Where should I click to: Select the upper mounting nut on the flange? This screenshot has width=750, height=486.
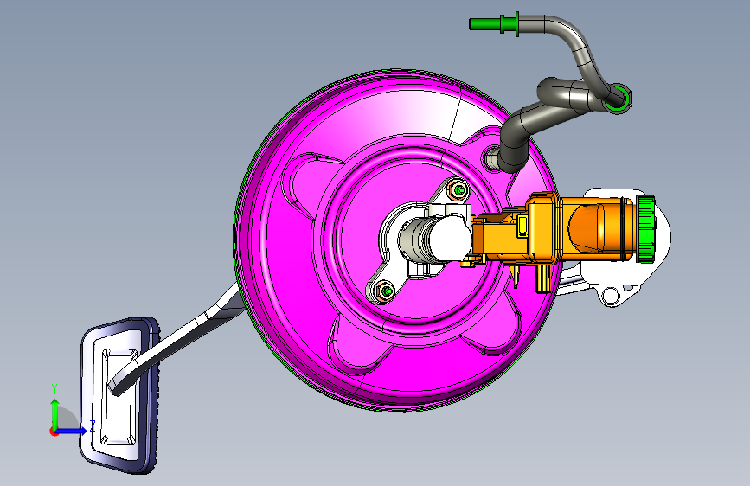coord(458,190)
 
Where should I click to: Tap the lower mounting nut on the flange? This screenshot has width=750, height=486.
coord(384,291)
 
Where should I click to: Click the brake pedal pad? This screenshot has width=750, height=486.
coord(119,395)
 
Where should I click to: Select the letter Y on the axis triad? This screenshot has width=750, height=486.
coord(54,389)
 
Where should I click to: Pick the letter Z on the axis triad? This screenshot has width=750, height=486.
coord(93,425)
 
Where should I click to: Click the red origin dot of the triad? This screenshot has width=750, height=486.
coord(54,432)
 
